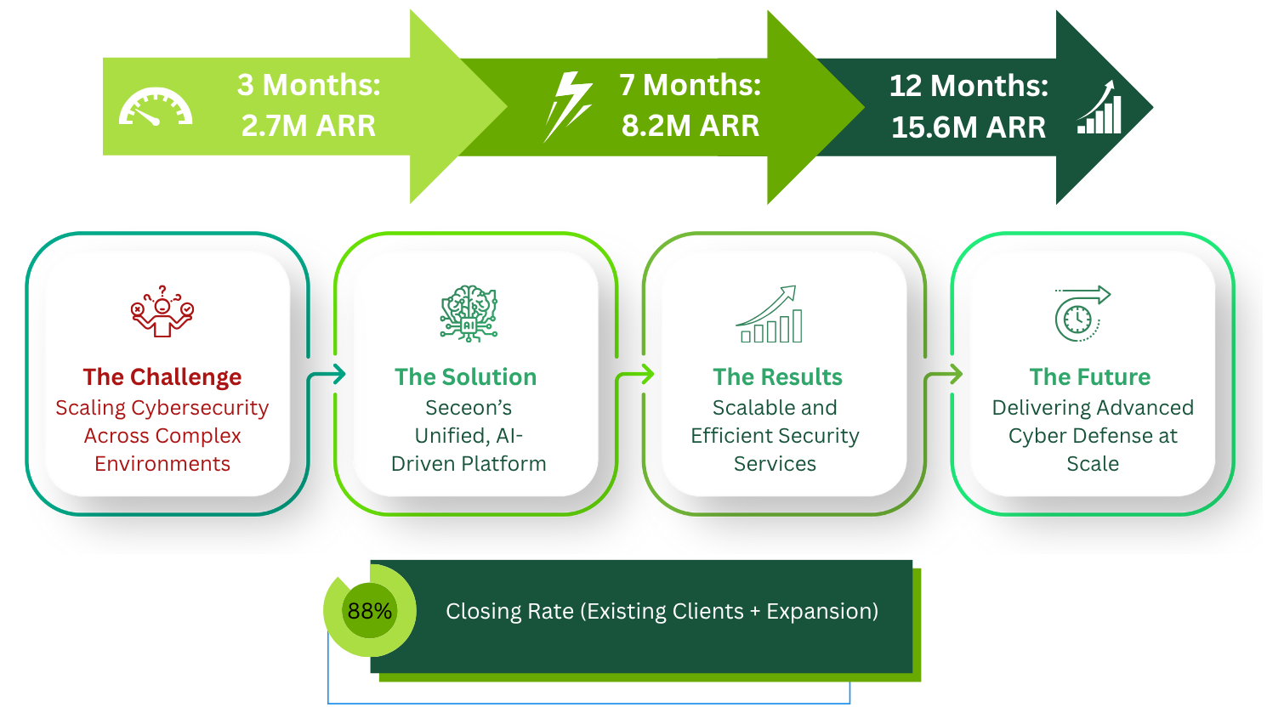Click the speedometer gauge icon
coord(156,107)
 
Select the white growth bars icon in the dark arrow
coord(1100,108)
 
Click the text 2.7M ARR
coord(309,126)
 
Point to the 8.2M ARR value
coord(690,126)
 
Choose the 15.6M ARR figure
coord(969,127)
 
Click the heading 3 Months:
coord(309,85)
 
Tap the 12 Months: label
coord(969,86)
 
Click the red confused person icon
coord(162,312)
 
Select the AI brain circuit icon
coord(469,314)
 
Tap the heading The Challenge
coord(162,376)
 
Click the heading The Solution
coord(466,376)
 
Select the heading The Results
coord(777,376)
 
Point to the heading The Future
coord(1089,376)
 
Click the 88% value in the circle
coord(370,611)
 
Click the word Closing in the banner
coord(483,612)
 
